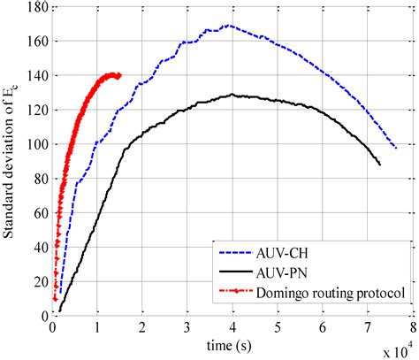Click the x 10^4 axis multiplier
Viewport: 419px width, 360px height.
coord(395,350)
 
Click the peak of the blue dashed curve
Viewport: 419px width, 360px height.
coord(228,26)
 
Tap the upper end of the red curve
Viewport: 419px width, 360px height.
coord(119,75)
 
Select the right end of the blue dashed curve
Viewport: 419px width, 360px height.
coord(397,148)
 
